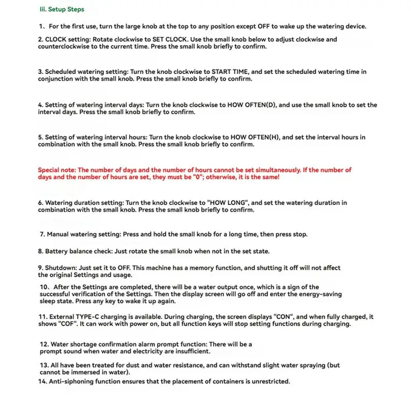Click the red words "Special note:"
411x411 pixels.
click(x=57, y=170)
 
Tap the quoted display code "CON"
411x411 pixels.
click(x=284, y=317)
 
